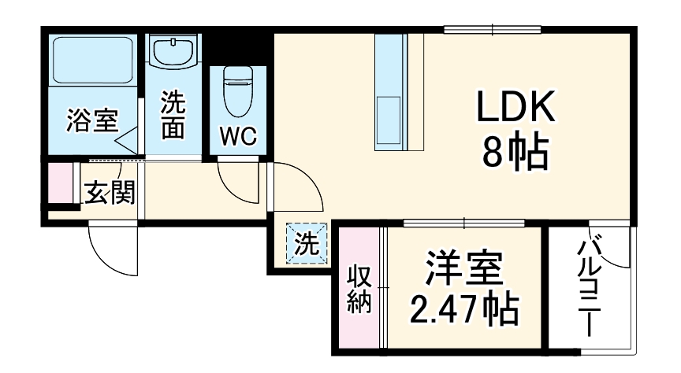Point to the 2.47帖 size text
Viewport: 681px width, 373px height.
pyautogui.click(x=464, y=310)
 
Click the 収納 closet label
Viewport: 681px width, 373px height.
pyautogui.click(x=359, y=290)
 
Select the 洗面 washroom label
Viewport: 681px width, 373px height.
pyautogui.click(x=173, y=116)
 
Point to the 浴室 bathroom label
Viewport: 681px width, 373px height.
pyautogui.click(x=91, y=121)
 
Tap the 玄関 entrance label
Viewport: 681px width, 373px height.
pyautogui.click(x=109, y=191)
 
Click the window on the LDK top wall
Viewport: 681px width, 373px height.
pyautogui.click(x=493, y=30)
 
